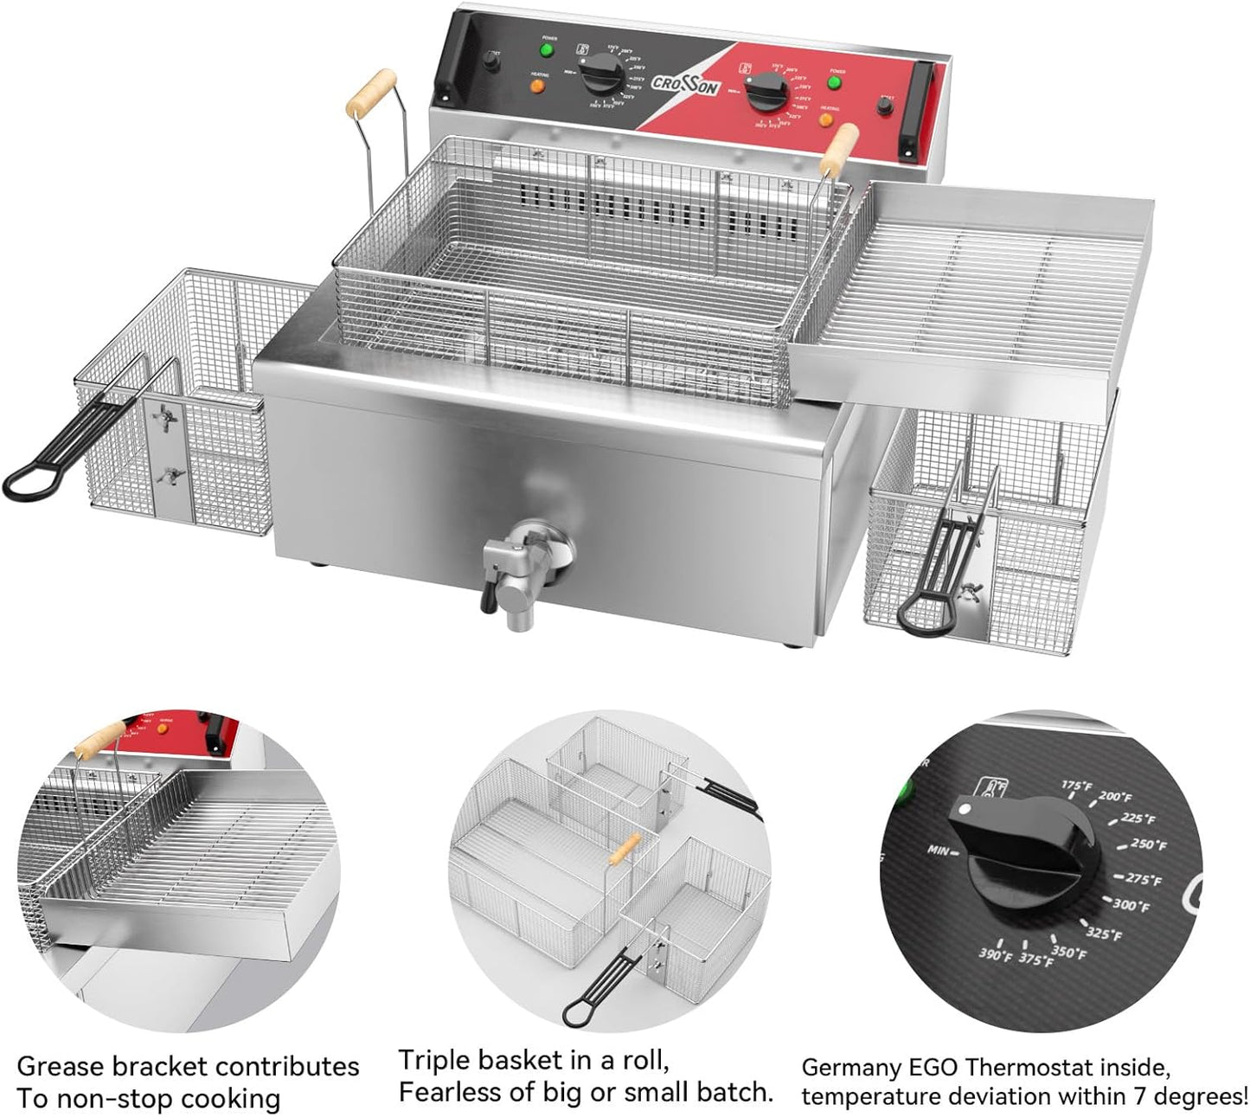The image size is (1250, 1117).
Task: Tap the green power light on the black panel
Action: tap(547, 50)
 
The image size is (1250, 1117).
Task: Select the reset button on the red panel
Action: tap(885, 107)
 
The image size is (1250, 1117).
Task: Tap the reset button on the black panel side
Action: tap(491, 61)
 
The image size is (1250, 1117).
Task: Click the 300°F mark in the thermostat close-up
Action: tap(1131, 905)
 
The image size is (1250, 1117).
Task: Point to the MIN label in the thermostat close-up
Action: tap(939, 850)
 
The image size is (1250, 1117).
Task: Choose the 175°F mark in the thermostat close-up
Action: tap(1076, 786)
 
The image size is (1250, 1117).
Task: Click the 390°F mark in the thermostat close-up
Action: tap(995, 955)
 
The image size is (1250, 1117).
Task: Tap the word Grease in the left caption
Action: tap(58, 1066)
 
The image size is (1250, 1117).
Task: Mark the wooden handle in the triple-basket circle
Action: tap(625, 850)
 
